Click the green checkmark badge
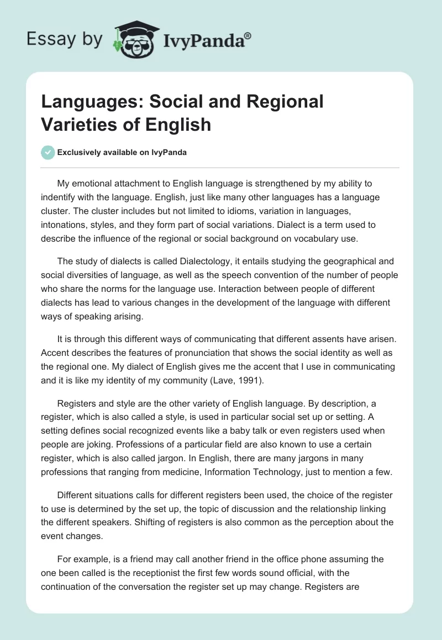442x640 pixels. (48, 153)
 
